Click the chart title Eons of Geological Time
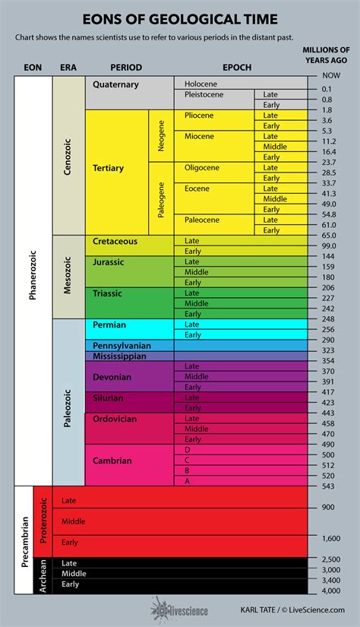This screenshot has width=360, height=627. tap(180, 18)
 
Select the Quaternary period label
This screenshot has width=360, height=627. tap(115, 85)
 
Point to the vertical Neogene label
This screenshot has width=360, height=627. tap(161, 135)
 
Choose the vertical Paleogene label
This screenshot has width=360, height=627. tap(161, 198)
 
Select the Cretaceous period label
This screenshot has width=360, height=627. tap(115, 241)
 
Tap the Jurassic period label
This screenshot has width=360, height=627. tap(109, 261)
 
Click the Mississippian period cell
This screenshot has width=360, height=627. tap(121, 356)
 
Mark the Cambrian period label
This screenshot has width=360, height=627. tap(112, 461)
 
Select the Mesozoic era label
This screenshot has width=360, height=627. tap(67, 276)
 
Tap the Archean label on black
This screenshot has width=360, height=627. tap(43, 575)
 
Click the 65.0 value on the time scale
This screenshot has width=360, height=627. tap(329, 236)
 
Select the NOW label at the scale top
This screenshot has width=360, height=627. tap(330, 76)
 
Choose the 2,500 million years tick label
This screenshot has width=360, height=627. tap(330, 559)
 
